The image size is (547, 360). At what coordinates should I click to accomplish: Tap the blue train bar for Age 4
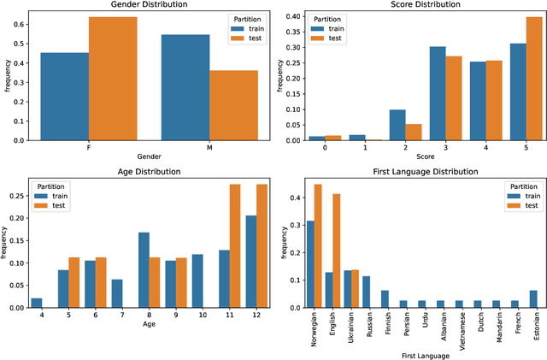tap(36, 302)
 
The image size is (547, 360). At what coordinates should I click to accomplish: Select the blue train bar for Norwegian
tap(310, 264)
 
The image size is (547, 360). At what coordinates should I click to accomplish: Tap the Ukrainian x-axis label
tap(348, 327)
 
